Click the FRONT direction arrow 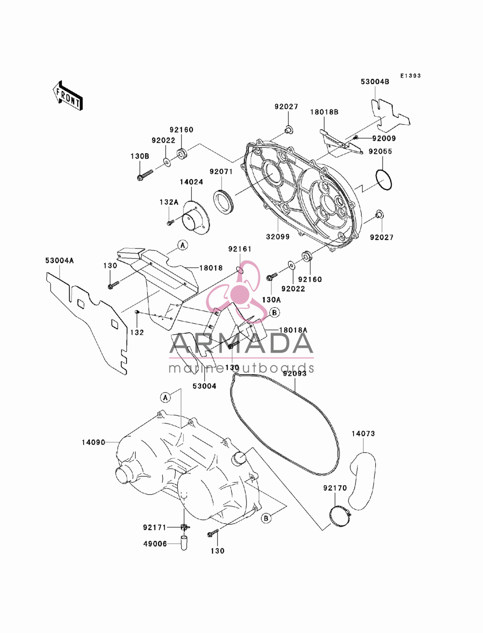click(x=68, y=95)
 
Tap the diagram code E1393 click(x=410, y=76)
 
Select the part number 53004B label click(x=375, y=82)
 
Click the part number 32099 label click(x=278, y=237)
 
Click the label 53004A click(x=59, y=261)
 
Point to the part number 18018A click(x=293, y=330)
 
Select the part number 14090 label click(x=93, y=442)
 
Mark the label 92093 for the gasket click(x=294, y=374)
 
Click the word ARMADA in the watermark click(x=241, y=343)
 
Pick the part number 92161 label click(x=240, y=249)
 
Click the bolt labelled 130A click(x=272, y=277)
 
